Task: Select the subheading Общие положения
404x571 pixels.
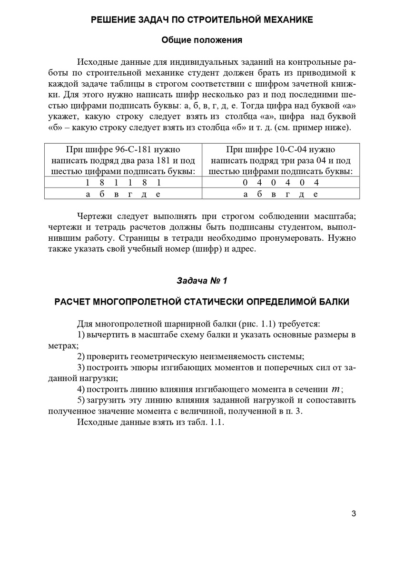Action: click(x=202, y=40)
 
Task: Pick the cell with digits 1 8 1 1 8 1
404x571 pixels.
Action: click(x=123, y=183)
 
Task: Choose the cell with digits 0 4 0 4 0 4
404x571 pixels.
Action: click(x=281, y=183)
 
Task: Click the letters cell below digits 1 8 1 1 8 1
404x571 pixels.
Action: click(x=123, y=194)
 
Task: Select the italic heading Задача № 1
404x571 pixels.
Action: click(x=202, y=281)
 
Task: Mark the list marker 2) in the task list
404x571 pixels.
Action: click(x=81, y=356)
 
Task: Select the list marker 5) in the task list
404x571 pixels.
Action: click(x=81, y=400)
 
